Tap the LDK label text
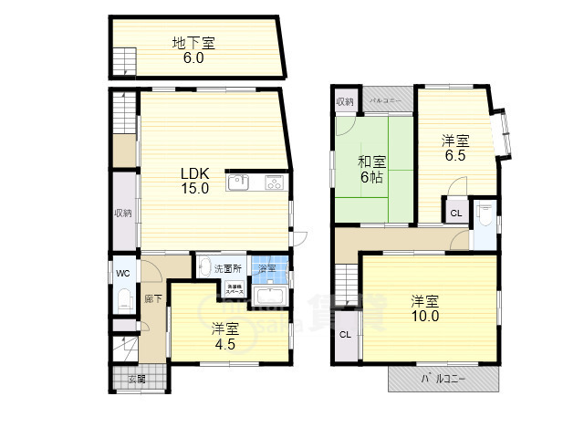coord(194,173)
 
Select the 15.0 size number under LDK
coord(194,189)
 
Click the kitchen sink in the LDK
coord(238,183)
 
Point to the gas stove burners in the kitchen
coord(275,183)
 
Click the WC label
coord(122,271)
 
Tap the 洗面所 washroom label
coord(228,269)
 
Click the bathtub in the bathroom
coord(270,297)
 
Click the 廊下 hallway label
coord(152,298)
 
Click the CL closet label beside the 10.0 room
coord(345,334)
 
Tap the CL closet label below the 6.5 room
coord(455,214)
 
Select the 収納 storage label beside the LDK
coord(122,213)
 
